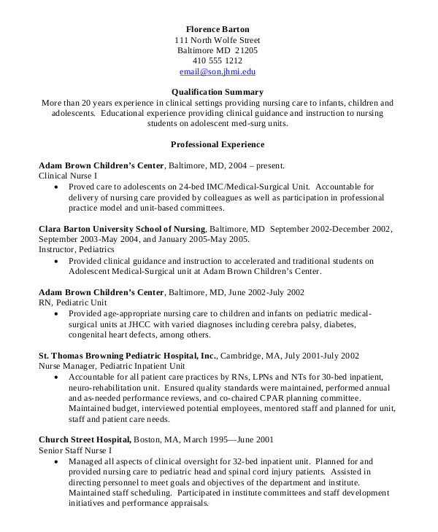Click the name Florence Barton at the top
[217, 28]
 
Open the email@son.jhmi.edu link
[217, 72]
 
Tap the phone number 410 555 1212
[217, 61]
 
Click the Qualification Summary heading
[217, 92]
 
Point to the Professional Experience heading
[217, 144]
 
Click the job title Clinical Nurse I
[67, 176]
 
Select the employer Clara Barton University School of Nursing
[122, 229]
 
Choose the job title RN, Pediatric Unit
[72, 302]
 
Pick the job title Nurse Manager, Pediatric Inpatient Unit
[112, 366]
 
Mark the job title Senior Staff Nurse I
[74, 450]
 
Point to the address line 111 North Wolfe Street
[217, 39]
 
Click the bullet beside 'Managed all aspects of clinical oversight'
[57, 462]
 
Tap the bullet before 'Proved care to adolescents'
[57, 187]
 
